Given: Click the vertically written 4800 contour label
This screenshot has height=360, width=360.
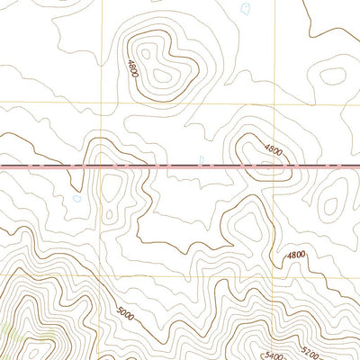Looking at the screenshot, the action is tap(132, 68).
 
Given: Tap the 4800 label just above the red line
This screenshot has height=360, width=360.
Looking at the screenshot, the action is tap(273, 151).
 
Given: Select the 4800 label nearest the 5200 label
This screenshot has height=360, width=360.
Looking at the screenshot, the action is tap(296, 256).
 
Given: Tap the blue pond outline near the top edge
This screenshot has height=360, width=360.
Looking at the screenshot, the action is tap(245, 9).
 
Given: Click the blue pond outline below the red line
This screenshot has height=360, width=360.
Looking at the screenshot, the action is tap(76, 198).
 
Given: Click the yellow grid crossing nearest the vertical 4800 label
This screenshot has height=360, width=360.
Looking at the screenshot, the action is tap(101, 101).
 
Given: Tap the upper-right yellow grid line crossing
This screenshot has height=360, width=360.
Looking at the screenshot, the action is tap(274, 101).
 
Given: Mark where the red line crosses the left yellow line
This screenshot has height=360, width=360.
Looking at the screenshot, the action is tap(101, 166).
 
